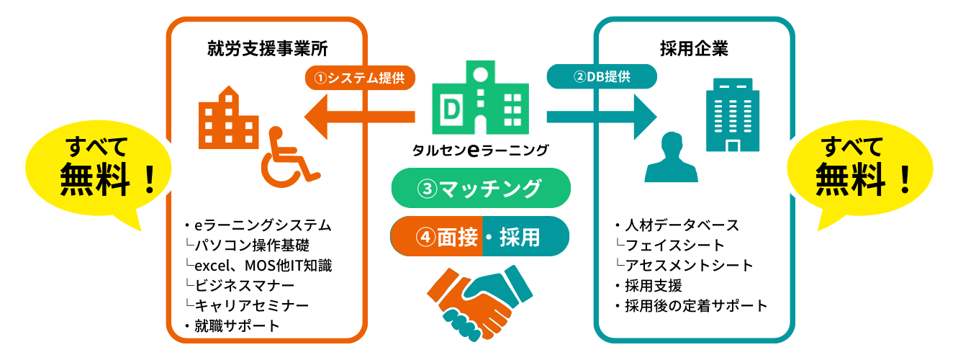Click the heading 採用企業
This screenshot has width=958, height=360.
click(694, 50)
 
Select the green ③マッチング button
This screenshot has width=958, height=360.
click(480, 189)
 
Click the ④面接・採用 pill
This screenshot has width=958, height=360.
click(480, 236)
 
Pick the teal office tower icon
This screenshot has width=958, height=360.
click(731, 114)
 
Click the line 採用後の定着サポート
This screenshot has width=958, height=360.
click(696, 305)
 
